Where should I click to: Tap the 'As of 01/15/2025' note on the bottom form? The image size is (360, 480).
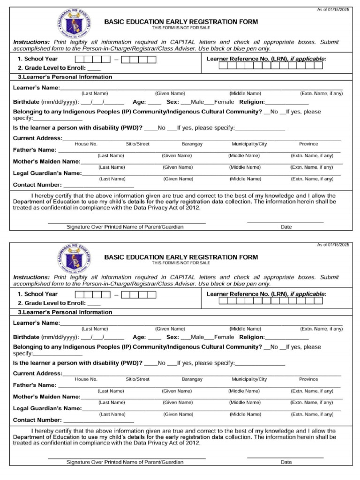click(x=333, y=245)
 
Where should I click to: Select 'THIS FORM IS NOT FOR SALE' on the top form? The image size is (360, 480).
click(x=180, y=28)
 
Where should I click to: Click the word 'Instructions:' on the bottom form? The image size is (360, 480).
click(x=31, y=277)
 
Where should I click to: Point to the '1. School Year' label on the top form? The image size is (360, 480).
click(x=37, y=59)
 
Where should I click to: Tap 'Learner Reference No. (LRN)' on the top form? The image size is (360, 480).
click(x=247, y=59)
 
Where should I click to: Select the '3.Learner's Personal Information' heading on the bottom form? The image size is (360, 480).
click(x=65, y=312)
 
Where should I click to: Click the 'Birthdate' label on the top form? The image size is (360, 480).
click(x=26, y=102)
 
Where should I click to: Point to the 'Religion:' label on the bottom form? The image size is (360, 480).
click(x=252, y=337)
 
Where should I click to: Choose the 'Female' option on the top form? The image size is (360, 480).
click(x=224, y=102)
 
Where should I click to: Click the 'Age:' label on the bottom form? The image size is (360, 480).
click(x=139, y=337)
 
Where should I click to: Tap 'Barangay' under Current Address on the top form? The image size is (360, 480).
click(x=192, y=144)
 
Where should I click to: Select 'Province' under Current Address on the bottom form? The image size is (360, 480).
click(x=308, y=379)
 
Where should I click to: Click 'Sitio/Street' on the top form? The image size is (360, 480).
click(x=137, y=144)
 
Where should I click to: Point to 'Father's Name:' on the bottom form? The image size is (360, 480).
click(x=35, y=385)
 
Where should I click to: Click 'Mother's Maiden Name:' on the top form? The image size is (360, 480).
click(x=46, y=162)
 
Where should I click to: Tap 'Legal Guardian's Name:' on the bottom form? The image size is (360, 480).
click(x=47, y=408)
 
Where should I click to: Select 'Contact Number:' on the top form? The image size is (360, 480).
click(x=37, y=185)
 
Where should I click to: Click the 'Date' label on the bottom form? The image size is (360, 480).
click(x=286, y=462)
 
